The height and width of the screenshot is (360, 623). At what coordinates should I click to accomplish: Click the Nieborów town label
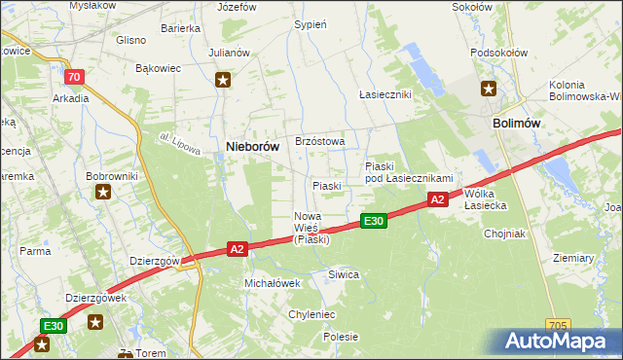253,146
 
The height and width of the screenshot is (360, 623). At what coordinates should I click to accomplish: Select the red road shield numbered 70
74,77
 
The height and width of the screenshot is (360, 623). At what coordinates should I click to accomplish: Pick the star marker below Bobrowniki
103,192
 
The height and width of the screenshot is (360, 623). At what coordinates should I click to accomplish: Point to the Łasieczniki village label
385,94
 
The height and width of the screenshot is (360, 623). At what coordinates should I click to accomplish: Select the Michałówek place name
272,282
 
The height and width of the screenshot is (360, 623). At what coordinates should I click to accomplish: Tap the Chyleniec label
311,314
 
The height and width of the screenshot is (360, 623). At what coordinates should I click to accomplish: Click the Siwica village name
344,275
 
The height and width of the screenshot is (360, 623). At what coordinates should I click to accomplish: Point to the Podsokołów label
497,54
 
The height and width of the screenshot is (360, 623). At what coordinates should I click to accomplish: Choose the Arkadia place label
71,98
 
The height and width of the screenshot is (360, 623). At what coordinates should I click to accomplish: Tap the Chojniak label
505,234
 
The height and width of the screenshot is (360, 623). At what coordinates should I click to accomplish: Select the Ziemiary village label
573,258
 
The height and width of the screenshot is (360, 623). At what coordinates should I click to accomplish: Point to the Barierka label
180,29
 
